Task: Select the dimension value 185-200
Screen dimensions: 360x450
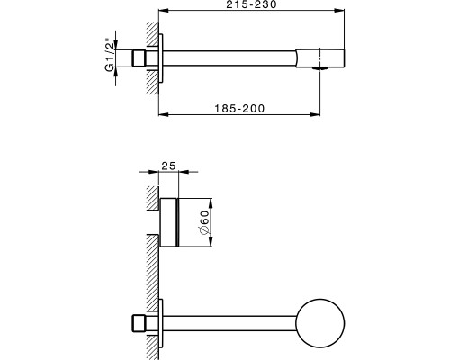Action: click(239, 108)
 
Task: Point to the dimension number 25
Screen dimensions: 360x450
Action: click(168, 165)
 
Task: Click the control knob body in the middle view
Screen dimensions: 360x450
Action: click(168, 221)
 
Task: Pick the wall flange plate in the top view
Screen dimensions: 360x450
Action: click(161, 58)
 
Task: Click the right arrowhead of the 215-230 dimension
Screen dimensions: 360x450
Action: click(341, 12)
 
